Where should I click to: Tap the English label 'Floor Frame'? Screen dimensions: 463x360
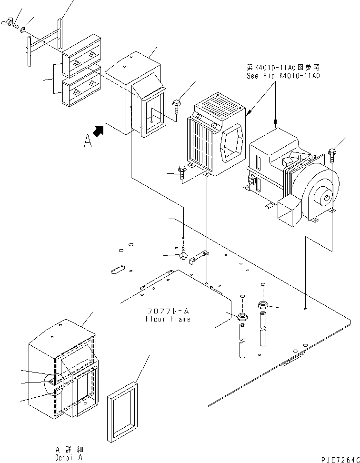168,319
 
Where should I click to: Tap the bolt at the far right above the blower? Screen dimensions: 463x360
331,155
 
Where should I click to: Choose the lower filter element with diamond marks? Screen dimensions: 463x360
82,87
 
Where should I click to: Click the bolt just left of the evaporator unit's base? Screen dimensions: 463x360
182,172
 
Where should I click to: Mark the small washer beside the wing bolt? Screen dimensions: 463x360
23,30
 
